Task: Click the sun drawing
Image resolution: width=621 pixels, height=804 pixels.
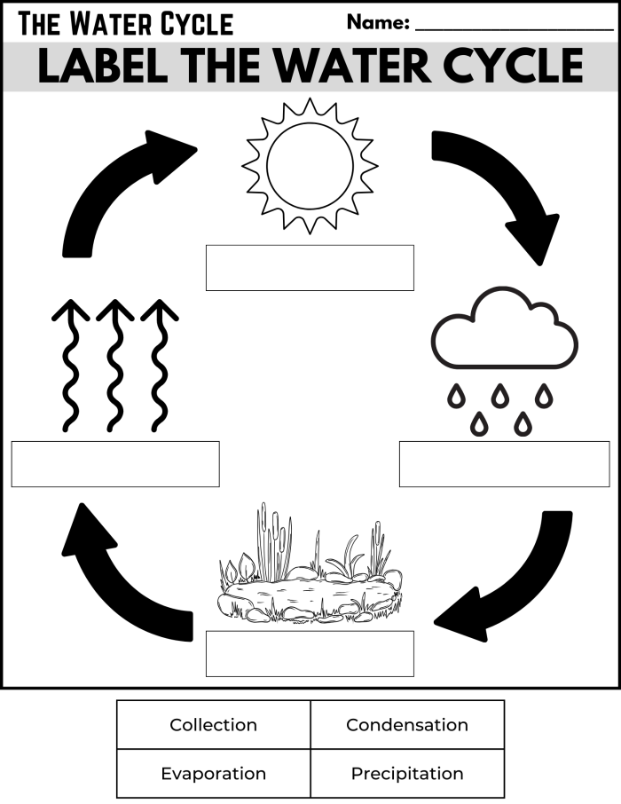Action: point(310,166)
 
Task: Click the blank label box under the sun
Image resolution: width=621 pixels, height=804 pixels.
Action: point(310,267)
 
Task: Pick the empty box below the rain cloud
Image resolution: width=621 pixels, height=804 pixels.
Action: point(504,464)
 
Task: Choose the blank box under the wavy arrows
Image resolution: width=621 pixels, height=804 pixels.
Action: point(115,464)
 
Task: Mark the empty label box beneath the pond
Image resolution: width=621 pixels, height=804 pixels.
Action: point(310,653)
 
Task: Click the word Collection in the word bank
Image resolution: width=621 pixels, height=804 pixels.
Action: point(214,725)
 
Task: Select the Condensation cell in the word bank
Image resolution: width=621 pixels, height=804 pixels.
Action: point(407,725)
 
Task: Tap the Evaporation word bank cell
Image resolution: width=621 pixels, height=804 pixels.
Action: point(214,774)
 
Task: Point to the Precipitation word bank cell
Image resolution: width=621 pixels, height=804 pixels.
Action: point(407,774)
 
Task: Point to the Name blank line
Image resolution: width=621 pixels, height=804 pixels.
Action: point(514,28)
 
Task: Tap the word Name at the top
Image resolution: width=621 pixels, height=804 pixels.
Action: point(378,22)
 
